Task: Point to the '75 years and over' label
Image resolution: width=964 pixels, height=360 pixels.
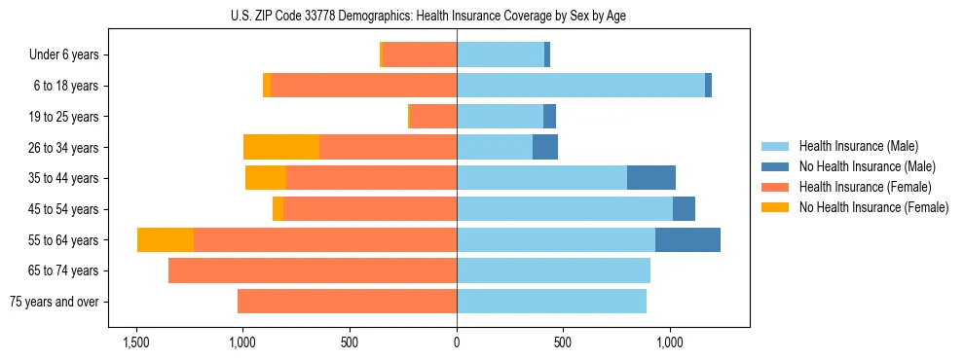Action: [54, 302]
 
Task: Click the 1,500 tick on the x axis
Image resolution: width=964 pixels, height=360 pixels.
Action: [135, 342]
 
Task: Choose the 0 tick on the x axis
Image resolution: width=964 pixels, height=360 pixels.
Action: [457, 342]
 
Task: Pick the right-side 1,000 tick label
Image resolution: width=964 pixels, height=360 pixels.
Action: [670, 342]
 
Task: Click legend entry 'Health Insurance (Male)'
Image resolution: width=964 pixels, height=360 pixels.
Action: [858, 146]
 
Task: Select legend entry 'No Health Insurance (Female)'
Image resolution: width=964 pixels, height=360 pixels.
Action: [873, 207]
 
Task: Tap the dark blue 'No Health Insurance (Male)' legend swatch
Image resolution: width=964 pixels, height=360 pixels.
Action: [775, 166]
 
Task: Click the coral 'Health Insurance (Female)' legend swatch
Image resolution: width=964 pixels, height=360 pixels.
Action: [775, 187]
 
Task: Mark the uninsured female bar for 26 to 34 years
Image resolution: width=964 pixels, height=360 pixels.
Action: [281, 147]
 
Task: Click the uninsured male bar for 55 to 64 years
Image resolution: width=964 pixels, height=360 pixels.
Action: [687, 240]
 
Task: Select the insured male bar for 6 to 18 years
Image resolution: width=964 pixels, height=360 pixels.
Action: [580, 86]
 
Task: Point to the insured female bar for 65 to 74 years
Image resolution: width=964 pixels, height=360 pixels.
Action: [313, 270]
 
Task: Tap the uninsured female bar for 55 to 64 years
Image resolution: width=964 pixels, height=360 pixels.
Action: [166, 240]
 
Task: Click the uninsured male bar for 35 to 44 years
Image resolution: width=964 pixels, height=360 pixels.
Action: [651, 178]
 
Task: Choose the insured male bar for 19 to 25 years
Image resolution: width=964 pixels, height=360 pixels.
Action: [500, 117]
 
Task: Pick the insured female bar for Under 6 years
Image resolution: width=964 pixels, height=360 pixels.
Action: [420, 54]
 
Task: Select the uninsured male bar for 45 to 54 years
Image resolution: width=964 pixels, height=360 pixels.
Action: [684, 209]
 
